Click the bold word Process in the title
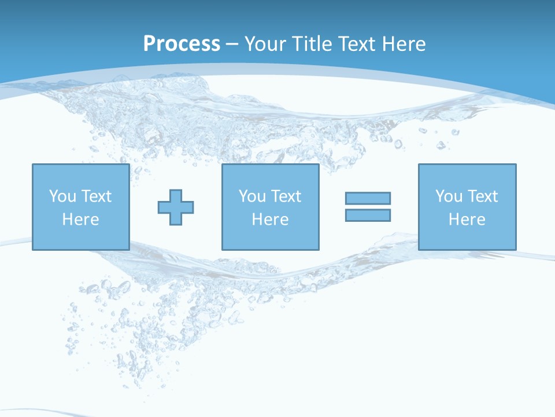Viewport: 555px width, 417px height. (182, 44)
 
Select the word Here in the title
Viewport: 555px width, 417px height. (404, 44)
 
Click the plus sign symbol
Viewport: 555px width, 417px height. (176, 207)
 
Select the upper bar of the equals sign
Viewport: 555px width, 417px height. (368, 198)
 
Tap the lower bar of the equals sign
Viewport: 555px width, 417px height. (368, 215)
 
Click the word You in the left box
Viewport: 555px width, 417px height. (62, 196)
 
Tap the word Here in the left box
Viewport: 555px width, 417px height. (80, 220)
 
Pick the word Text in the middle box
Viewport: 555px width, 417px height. (286, 196)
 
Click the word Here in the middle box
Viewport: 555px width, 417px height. (270, 220)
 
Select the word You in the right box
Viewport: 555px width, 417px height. (449, 196)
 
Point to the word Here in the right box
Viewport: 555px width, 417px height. (467, 220)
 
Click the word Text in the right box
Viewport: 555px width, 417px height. (483, 196)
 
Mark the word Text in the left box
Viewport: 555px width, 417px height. (97, 196)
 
